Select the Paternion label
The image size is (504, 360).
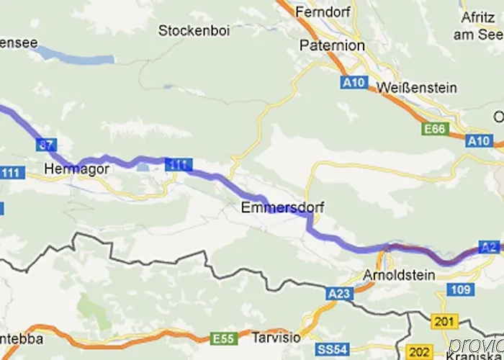pos(332,46)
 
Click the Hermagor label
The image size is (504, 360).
pos(66,170)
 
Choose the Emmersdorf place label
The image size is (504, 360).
pos(282,207)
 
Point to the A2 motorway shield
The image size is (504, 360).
pos(490,246)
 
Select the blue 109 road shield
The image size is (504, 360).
pos(466,289)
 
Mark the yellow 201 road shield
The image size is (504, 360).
pos(441,320)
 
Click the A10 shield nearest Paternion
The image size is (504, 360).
pos(353,84)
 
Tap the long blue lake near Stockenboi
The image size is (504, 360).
pos(76,55)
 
